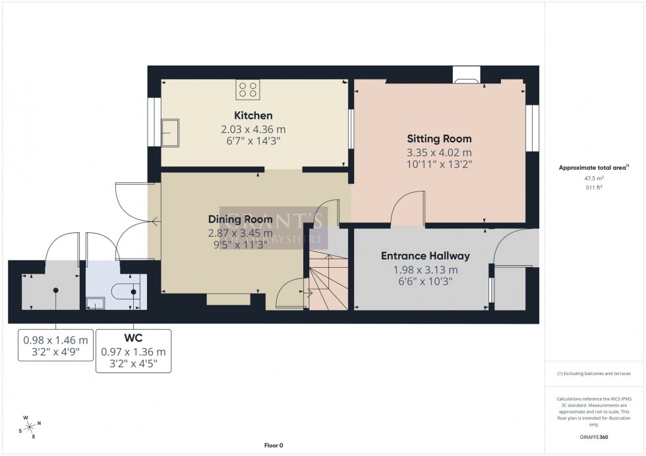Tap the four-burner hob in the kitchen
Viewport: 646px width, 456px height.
click(249, 89)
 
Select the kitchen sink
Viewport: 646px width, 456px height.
click(170, 132)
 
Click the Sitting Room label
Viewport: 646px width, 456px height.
click(439, 139)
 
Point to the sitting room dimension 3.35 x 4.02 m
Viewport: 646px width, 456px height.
click(439, 151)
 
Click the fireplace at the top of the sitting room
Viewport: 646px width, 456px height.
click(466, 82)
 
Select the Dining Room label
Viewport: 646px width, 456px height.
click(231, 219)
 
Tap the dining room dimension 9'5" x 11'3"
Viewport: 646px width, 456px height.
click(231, 244)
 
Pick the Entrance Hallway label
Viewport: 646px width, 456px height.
click(425, 256)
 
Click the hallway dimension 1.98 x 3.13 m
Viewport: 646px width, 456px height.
click(425, 269)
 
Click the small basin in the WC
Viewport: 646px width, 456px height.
click(96, 302)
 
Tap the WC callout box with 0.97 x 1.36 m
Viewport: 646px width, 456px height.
click(133, 351)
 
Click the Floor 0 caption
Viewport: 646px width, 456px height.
click(272, 445)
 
